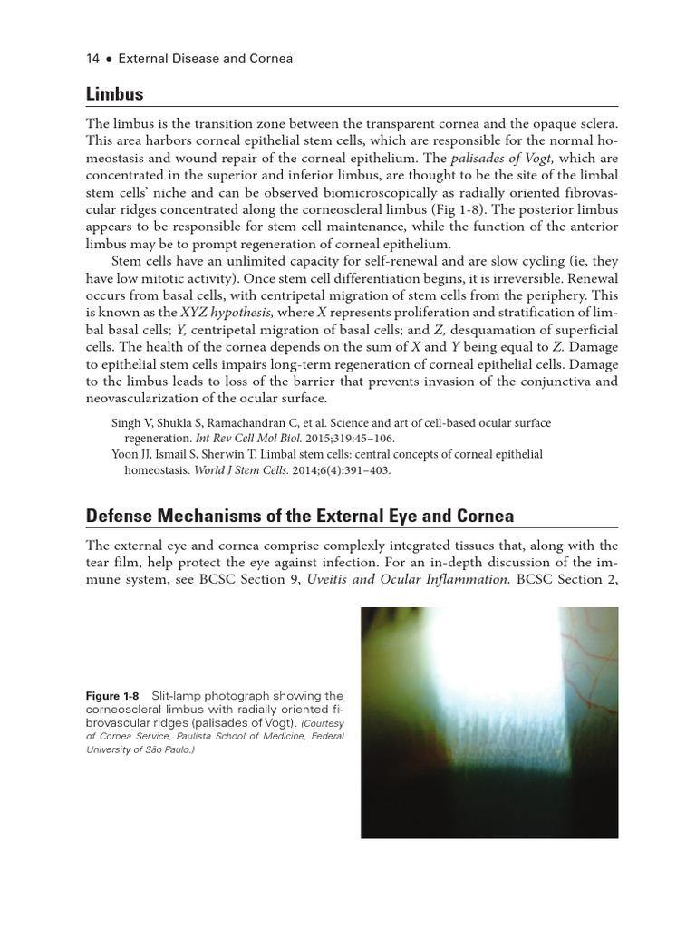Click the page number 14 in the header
[92, 59]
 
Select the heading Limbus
[114, 94]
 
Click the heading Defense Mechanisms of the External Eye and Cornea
[299, 516]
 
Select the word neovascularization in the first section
[148, 398]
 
